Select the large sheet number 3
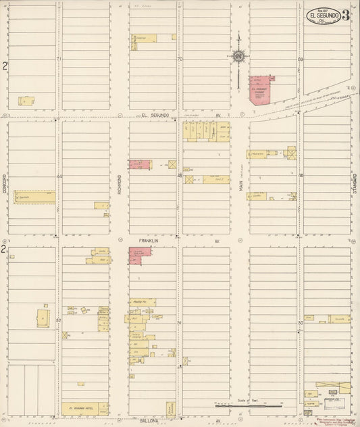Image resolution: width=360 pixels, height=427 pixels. point(345,15)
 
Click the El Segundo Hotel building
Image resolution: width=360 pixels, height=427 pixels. point(84,409)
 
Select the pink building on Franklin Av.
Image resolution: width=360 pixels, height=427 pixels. point(140,255)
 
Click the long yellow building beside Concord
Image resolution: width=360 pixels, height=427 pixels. point(34,197)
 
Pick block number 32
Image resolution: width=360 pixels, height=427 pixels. point(59,320)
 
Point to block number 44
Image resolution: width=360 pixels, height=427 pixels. point(59,176)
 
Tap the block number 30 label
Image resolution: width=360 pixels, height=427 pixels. point(300,323)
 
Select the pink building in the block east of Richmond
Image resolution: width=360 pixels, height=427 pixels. point(140,164)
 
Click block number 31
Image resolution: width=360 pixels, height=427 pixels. point(179,323)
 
